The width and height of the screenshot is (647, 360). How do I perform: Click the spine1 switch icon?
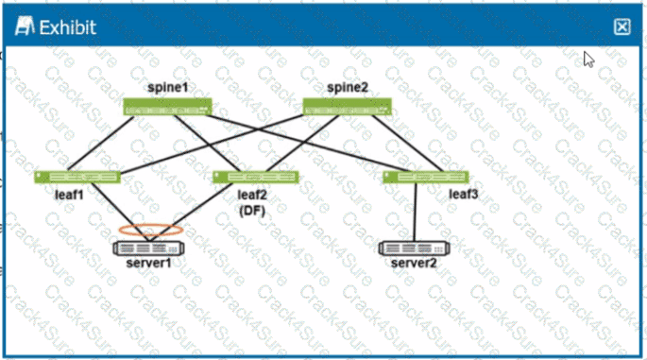click(x=168, y=107)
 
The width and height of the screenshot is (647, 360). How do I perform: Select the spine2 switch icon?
click(x=346, y=107)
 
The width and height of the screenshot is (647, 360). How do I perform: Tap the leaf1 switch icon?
click(x=77, y=177)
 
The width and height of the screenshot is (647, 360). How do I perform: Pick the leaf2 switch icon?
click(x=255, y=177)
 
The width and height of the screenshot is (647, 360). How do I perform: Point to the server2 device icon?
click(x=416, y=249)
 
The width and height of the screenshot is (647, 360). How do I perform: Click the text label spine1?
click(x=167, y=88)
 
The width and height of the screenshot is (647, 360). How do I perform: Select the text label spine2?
click(x=347, y=88)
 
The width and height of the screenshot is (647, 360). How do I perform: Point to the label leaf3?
click(x=463, y=195)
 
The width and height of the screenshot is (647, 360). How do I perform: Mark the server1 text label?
click(x=149, y=263)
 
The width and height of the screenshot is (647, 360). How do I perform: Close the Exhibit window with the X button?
click(x=621, y=26)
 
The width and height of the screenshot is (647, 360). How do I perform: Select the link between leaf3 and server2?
click(x=416, y=212)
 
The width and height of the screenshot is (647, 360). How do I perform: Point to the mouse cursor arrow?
click(x=587, y=59)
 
